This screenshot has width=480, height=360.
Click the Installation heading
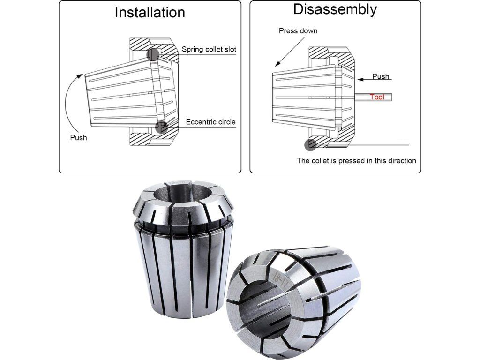pyautogui.click(x=150, y=13)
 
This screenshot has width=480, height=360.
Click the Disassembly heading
pyautogui.click(x=335, y=9)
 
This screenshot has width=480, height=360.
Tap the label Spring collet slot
pyautogui.click(x=209, y=49)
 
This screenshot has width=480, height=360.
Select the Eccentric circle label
pyautogui.click(x=210, y=122)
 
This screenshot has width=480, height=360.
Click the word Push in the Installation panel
pyautogui.click(x=78, y=138)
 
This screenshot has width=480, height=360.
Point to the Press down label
pyautogui.click(x=298, y=30)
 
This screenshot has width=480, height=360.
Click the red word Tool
pyautogui.click(x=377, y=97)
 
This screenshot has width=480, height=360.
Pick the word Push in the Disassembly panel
pyautogui.click(x=381, y=76)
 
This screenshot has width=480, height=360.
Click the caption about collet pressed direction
pyautogui.click(x=356, y=161)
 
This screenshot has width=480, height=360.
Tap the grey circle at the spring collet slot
pyautogui.click(x=153, y=54)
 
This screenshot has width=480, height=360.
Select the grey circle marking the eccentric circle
pyautogui.click(x=162, y=127)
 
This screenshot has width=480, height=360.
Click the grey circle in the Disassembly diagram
pyautogui.click(x=310, y=144)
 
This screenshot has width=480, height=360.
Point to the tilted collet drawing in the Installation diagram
pyautogui.click(x=131, y=92)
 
